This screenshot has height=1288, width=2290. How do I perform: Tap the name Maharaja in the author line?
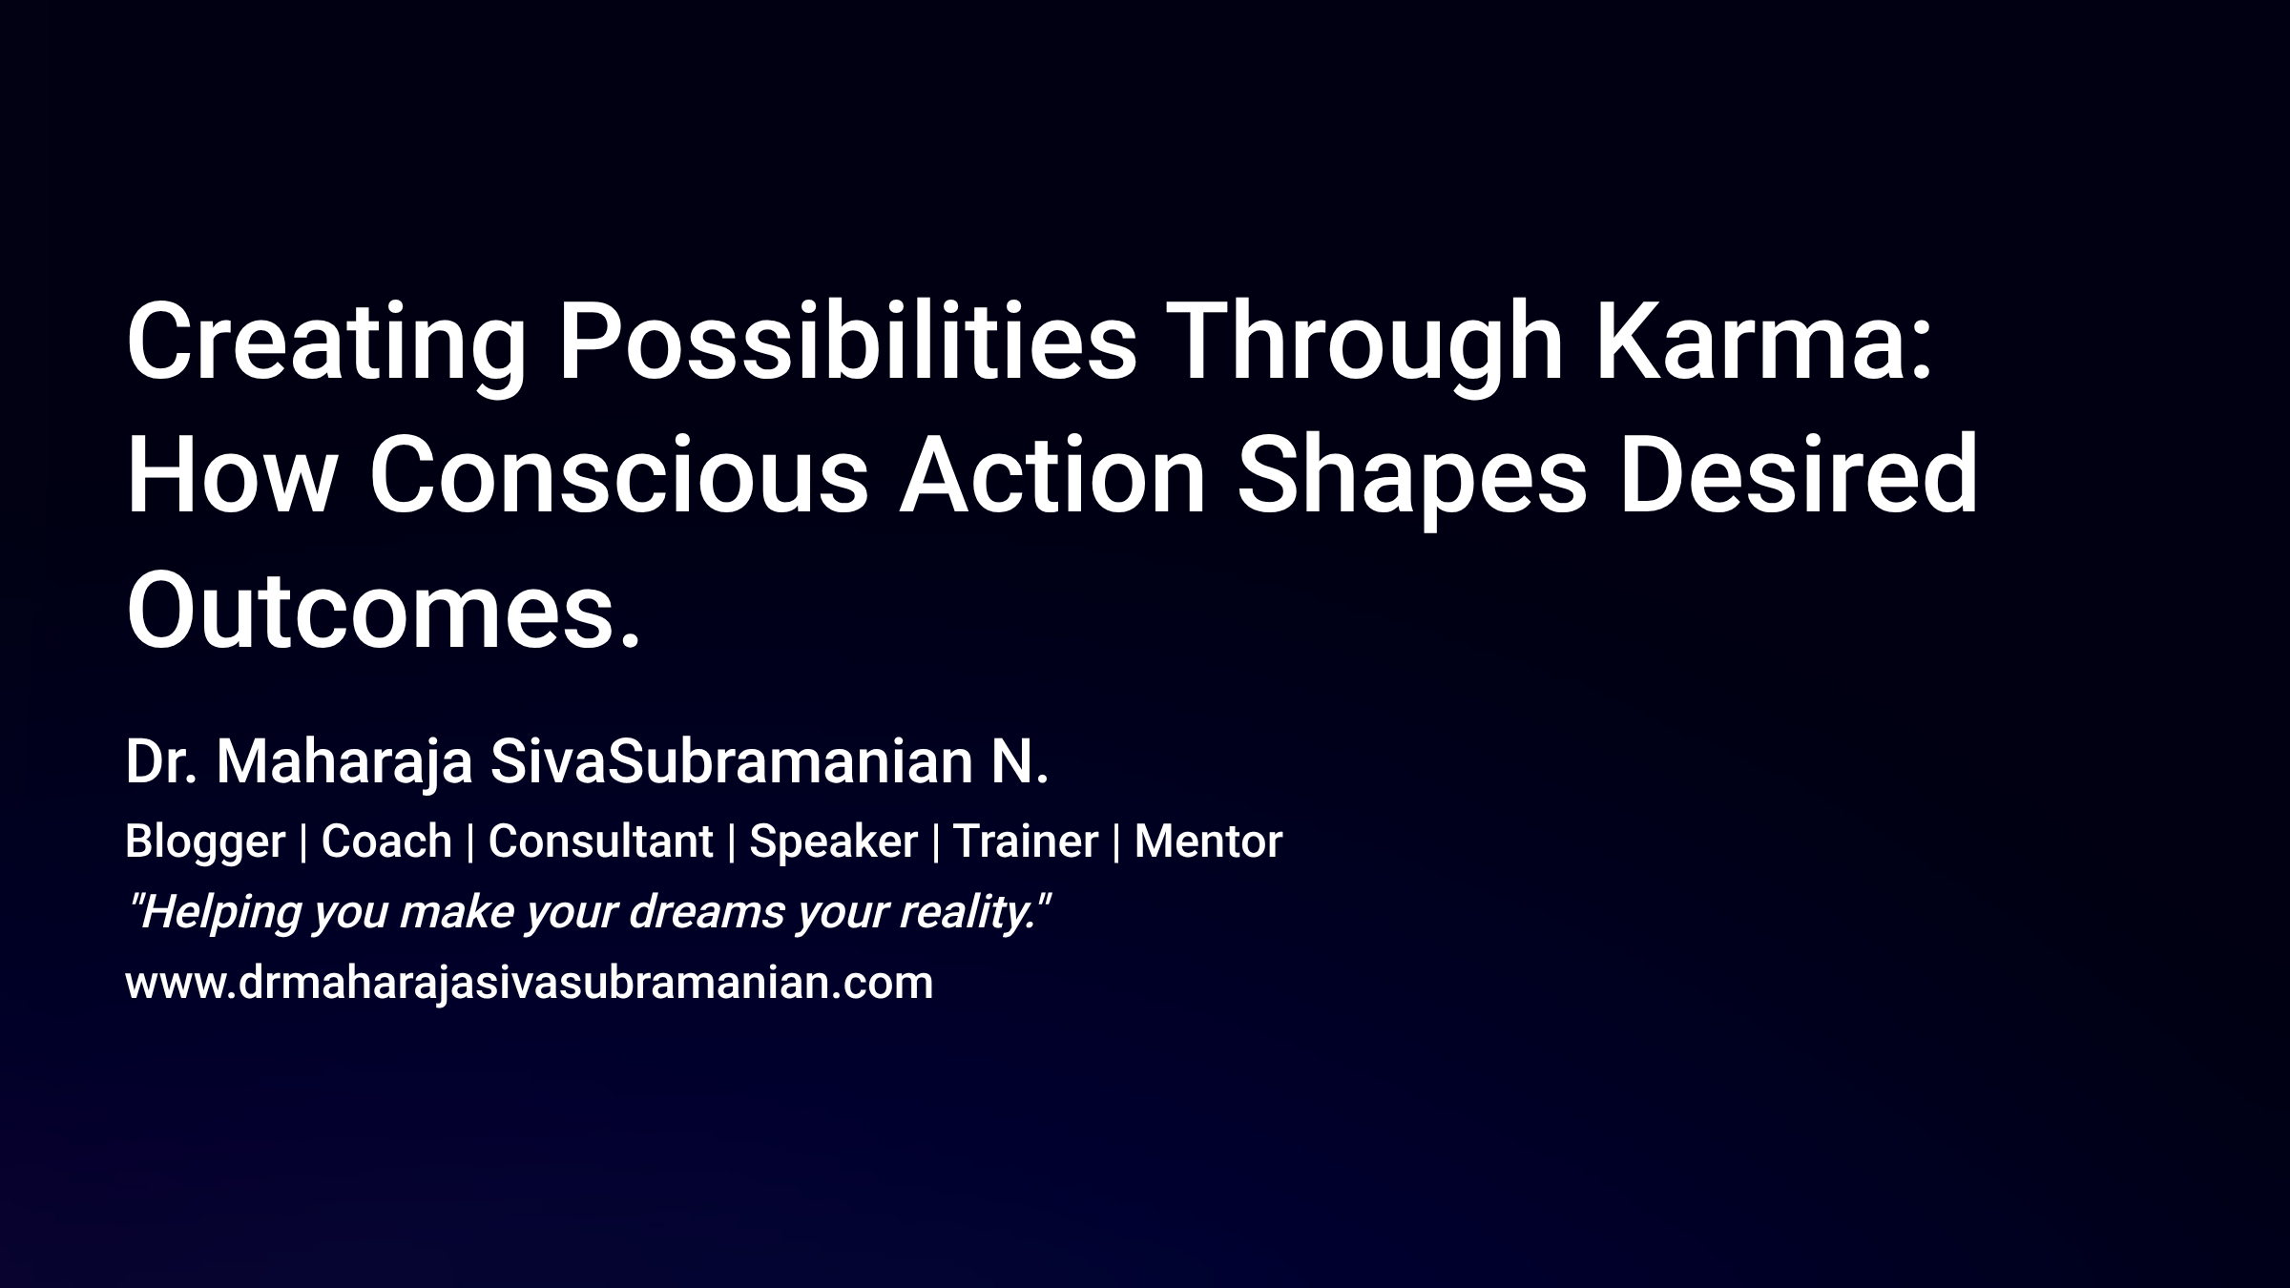[344, 763]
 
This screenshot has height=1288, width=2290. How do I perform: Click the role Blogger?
[205, 841]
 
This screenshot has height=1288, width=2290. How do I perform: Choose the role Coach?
[386, 841]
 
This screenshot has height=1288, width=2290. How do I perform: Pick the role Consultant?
[600, 841]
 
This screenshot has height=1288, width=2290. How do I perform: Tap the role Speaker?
[833, 841]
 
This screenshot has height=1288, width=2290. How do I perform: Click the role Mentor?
[1208, 841]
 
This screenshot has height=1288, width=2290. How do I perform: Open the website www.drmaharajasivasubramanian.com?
[529, 983]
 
